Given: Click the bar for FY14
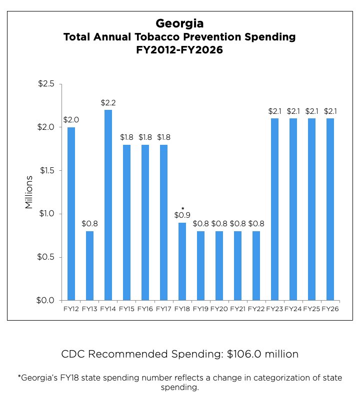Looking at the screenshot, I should coord(108,205).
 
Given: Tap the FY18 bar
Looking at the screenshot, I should coord(182,262).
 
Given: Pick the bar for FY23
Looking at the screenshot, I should coord(274,209).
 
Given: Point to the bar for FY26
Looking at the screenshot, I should coord(330,209).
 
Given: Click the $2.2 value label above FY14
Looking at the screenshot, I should coord(108,103).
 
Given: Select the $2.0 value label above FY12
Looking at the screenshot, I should coord(71,120).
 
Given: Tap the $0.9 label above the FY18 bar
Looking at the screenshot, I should coord(182,215).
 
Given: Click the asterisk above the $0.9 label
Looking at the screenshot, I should coord(182,208).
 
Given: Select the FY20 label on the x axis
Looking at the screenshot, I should coord(219,309).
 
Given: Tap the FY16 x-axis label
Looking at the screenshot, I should coord(145,309).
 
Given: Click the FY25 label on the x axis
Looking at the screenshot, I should coord(311,309).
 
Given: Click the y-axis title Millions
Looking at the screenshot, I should coord(29,192).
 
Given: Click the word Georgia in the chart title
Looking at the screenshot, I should coord(179,23).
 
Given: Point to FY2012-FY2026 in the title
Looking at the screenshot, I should coord(179,50).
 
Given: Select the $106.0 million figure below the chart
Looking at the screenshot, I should coord(262,355).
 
